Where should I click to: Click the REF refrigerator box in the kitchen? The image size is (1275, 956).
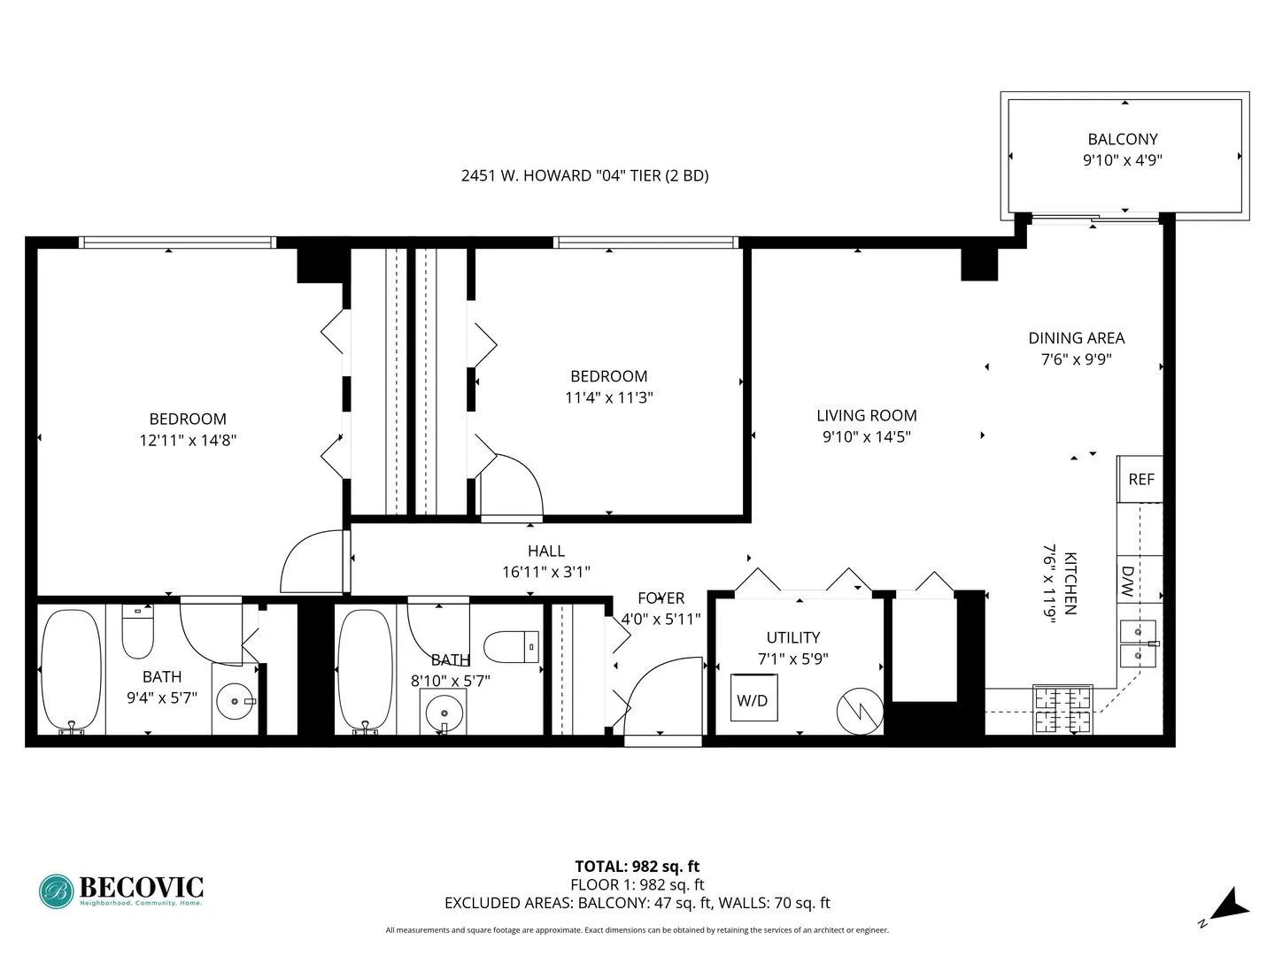[x=1140, y=479]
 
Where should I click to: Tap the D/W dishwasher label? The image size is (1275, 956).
[x=1128, y=582]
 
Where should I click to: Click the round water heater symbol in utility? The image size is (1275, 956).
[x=860, y=711]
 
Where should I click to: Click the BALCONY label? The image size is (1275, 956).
[x=1123, y=139]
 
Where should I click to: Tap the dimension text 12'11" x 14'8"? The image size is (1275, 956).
[x=188, y=440]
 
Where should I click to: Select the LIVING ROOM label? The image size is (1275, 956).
[x=866, y=415]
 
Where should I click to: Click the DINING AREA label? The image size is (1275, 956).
[x=1076, y=338]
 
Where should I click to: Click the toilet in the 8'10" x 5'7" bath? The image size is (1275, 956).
[x=513, y=646]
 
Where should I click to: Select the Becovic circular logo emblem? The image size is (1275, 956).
[x=56, y=891]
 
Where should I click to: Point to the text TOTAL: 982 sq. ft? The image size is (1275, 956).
[x=637, y=867]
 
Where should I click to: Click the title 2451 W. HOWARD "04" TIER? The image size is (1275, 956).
[x=584, y=175]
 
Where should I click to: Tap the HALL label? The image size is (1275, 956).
[x=545, y=551]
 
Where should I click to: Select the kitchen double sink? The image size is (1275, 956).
[x=1137, y=644]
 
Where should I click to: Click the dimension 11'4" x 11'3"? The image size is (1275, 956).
[x=608, y=397]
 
